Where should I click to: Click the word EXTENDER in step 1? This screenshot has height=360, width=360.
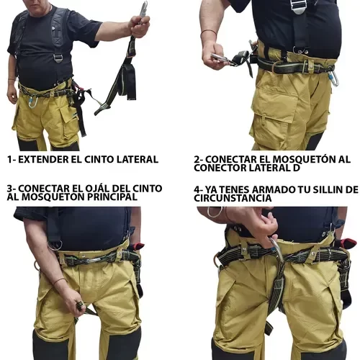pyautogui.click(x=42, y=159)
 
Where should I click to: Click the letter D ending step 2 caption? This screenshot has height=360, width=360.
pyautogui.click(x=297, y=168)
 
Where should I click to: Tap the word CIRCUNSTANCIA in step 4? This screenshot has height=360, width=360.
pyautogui.click(x=233, y=198)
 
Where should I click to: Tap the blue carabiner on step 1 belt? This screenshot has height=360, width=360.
pyautogui.click(x=33, y=102)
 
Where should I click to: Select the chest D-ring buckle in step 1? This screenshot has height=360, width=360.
pyautogui.click(x=58, y=58)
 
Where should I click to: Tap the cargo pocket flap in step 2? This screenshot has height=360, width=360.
pyautogui.click(x=276, y=120)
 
